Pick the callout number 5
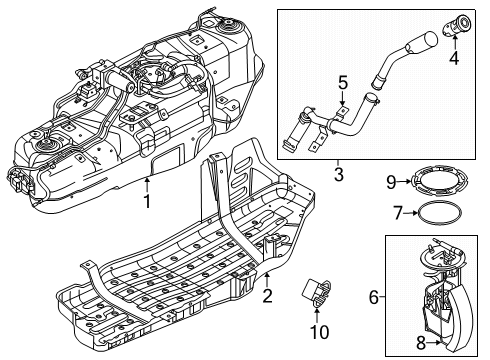tap(342, 83)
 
